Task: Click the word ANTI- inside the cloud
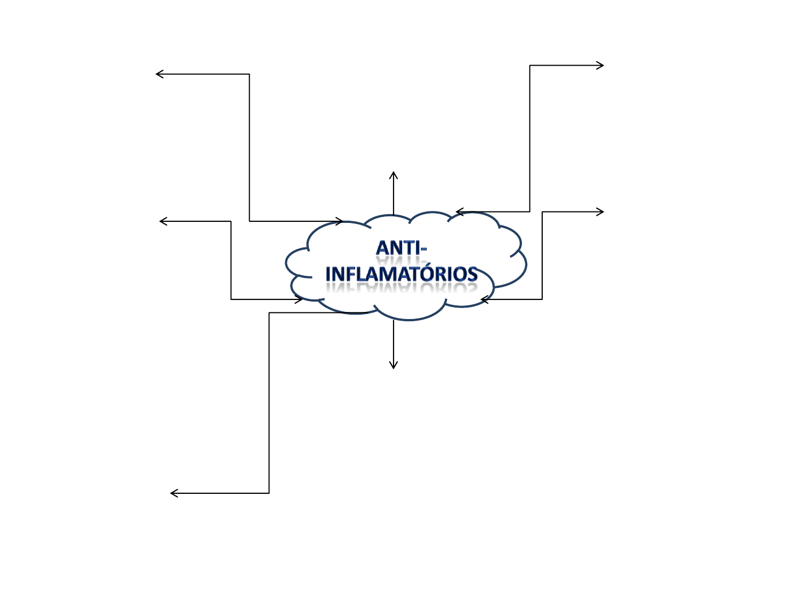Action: coord(401,248)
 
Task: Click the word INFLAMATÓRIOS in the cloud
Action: coord(402,274)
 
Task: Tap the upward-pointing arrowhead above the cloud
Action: coord(393,174)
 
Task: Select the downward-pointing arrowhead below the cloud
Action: coord(393,366)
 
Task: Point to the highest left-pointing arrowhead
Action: coord(158,74)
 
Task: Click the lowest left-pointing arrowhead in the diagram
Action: coord(173,493)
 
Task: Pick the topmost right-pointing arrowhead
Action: coord(601,66)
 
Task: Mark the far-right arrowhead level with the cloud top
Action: coord(601,212)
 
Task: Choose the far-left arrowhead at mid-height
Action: coord(162,221)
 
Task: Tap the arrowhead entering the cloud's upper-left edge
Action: coord(340,221)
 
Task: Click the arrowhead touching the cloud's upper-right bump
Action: coord(459,212)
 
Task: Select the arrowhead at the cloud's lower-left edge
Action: coord(300,299)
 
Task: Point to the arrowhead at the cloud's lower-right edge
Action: coord(483,299)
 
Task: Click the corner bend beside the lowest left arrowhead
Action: coord(269,493)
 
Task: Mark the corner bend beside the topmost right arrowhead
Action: coord(530,66)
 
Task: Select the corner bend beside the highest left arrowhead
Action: coord(250,74)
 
